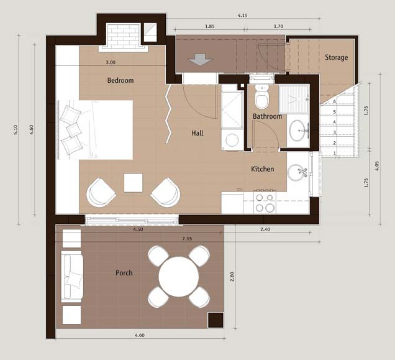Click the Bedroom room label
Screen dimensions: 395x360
pos(120,80)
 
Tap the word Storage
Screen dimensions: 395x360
pos(336,58)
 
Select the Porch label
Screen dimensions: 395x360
pos(124,273)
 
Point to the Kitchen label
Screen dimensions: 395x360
pos(263,168)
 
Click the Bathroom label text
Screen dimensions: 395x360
pos(267,116)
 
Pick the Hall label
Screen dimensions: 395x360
pos(197,133)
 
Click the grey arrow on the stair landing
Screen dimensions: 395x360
pos(200,60)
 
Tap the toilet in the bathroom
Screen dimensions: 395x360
pos(261,97)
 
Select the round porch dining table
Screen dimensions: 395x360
pos(179,277)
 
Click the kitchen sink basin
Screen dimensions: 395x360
pos(296,173)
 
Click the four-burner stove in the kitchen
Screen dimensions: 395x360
pos(265,203)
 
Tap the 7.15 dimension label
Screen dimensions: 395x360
pos(187,238)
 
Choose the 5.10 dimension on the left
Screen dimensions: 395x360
pos(16,129)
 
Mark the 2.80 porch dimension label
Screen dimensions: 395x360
pos(232,277)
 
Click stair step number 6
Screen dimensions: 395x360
pos(335,102)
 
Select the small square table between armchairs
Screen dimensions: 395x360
pos(134,183)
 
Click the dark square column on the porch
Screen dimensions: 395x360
pos(216,320)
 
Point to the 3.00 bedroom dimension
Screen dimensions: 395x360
pos(111,62)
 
